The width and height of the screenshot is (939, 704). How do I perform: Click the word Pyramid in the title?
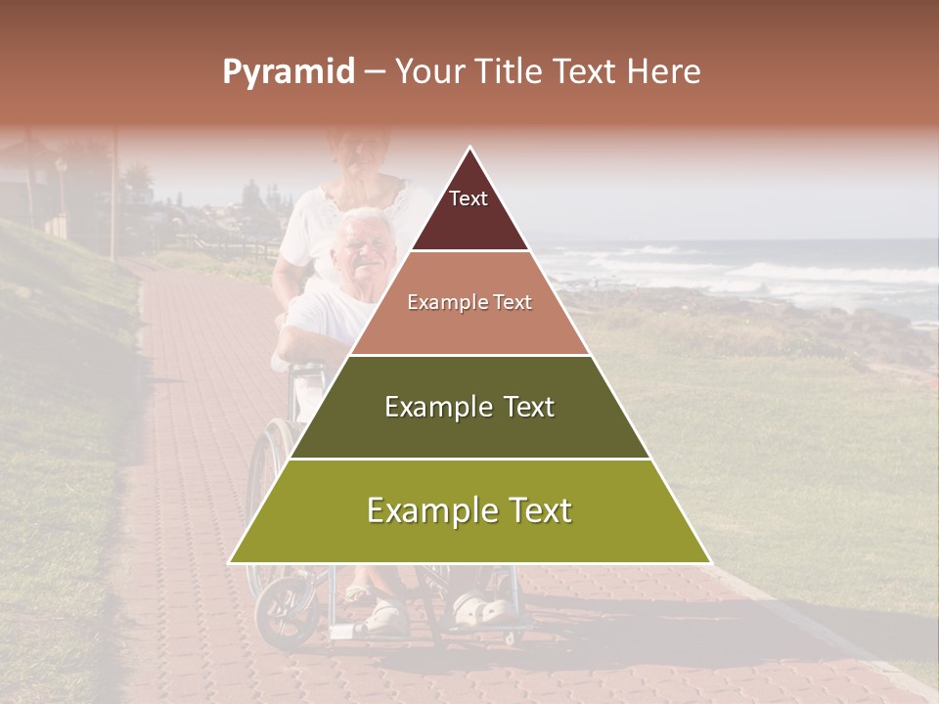289,72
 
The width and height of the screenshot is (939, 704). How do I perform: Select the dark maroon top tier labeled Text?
469,210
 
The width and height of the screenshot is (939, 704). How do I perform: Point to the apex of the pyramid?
470,149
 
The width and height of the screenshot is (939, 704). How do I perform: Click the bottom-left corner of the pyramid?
231,562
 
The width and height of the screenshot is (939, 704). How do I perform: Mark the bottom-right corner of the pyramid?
709,562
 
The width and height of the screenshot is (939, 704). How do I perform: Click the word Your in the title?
425,72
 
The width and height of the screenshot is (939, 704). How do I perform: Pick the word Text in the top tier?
468,198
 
